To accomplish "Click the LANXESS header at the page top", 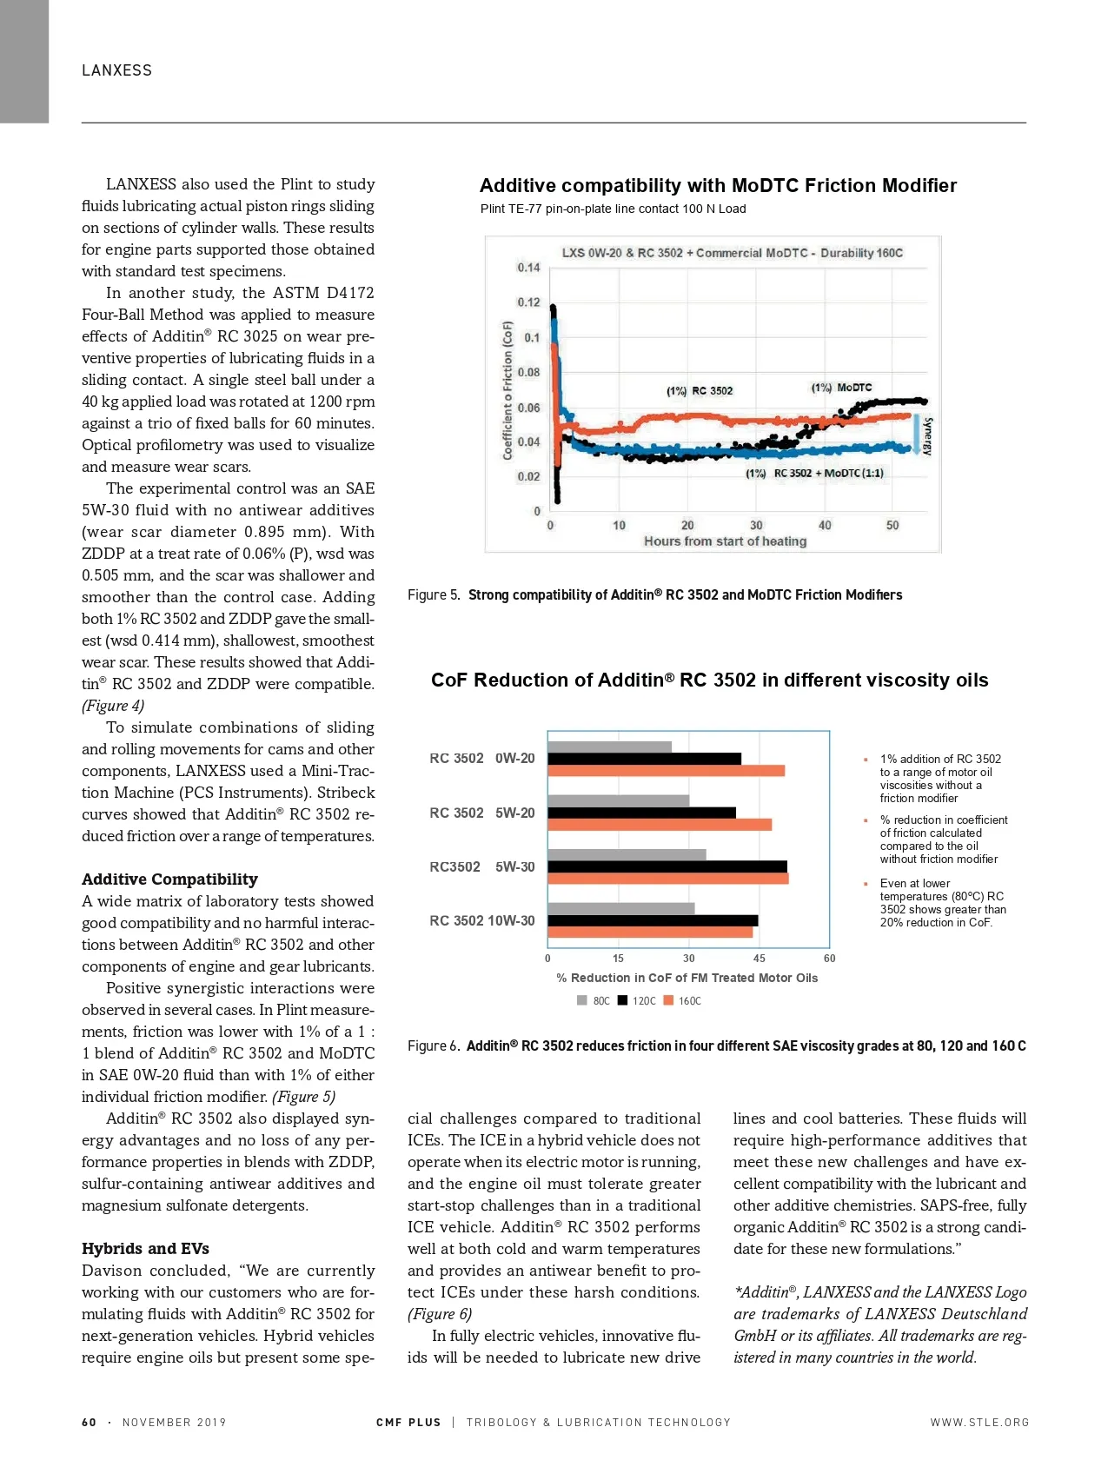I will tap(116, 70).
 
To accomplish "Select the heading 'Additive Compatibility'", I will tap(169, 879).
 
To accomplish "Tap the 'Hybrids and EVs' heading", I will tap(145, 1248).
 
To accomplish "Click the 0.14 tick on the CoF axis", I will tap(528, 268).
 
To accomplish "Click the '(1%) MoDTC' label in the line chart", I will tap(841, 388).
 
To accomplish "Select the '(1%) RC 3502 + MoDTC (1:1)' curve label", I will tap(814, 473).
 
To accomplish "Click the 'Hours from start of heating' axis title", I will tap(725, 541).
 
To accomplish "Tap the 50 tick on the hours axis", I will tap(892, 525).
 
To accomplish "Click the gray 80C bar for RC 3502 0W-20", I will tap(609, 747).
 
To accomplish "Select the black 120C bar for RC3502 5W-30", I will tap(667, 866).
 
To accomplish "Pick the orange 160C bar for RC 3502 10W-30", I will tap(649, 932).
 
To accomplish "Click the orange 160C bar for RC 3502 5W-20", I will tap(659, 825).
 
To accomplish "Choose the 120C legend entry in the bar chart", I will tap(637, 1000).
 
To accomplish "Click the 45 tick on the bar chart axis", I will tap(759, 959).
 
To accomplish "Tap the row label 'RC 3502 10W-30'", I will tap(481, 920).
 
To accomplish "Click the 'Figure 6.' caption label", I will tap(434, 1045).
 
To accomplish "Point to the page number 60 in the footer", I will tap(89, 1422).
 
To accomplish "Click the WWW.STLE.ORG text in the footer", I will tap(979, 1422).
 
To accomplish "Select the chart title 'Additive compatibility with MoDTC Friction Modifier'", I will tap(718, 185).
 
